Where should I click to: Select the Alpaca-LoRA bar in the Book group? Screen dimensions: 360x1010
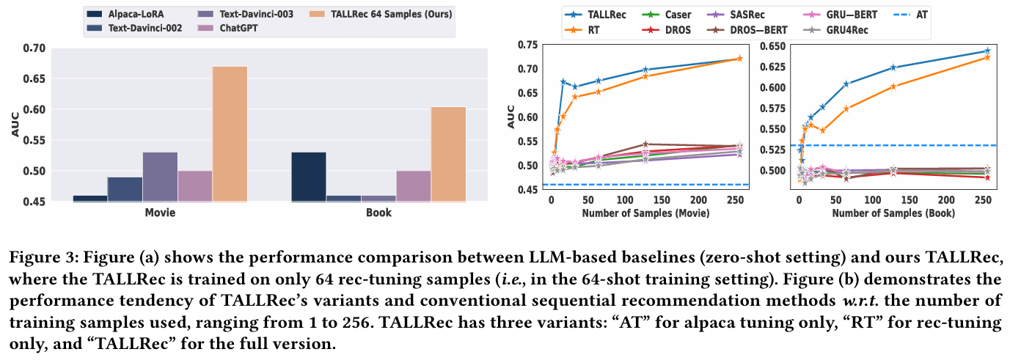[309, 177]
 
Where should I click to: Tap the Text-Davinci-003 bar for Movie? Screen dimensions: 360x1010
[160, 177]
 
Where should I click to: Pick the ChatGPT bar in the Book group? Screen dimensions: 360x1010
[413, 186]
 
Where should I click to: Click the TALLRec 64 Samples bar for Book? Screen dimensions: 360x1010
[448, 154]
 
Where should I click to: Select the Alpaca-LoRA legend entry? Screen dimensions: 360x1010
[125, 13]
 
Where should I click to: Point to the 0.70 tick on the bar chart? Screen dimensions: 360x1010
[34, 48]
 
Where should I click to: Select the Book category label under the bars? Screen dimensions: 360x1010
[378, 213]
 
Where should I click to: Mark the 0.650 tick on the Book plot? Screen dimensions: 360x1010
[772, 46]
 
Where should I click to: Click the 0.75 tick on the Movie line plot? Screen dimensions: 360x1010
[527, 45]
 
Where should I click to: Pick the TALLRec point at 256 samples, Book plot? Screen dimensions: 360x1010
[987, 51]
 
